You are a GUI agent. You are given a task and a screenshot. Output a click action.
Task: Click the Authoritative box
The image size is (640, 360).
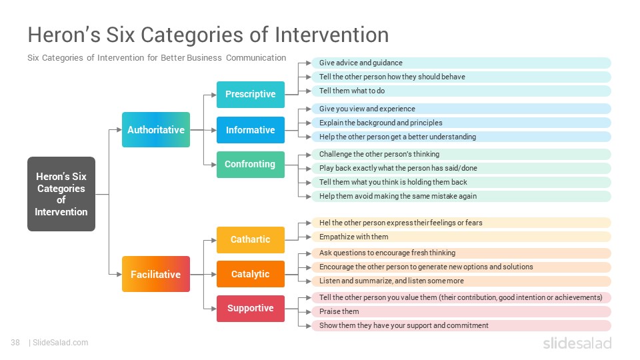coord(156,130)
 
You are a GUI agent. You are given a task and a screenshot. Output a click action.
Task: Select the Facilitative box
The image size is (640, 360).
coord(156,274)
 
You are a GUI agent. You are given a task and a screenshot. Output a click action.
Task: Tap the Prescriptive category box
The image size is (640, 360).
coord(251,95)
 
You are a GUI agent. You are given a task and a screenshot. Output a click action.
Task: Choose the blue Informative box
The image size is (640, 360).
coord(251,130)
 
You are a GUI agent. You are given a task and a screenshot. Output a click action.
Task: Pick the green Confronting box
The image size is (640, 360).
coord(251,165)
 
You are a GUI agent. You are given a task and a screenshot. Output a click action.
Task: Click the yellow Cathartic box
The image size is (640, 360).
coord(251,239)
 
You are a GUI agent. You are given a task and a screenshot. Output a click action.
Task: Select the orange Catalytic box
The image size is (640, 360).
coord(251,274)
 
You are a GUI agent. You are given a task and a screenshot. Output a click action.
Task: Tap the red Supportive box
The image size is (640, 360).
coord(251,309)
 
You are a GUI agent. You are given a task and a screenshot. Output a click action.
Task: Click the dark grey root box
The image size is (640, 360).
coord(61,194)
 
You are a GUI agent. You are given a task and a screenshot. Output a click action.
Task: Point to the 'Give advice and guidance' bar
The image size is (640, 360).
coord(461,63)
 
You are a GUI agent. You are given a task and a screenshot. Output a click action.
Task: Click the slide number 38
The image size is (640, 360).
coord(15,343)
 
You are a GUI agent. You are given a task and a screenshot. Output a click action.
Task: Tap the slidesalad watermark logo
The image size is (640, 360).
coord(577,343)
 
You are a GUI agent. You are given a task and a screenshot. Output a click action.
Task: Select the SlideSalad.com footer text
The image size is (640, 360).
coord(61,343)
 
